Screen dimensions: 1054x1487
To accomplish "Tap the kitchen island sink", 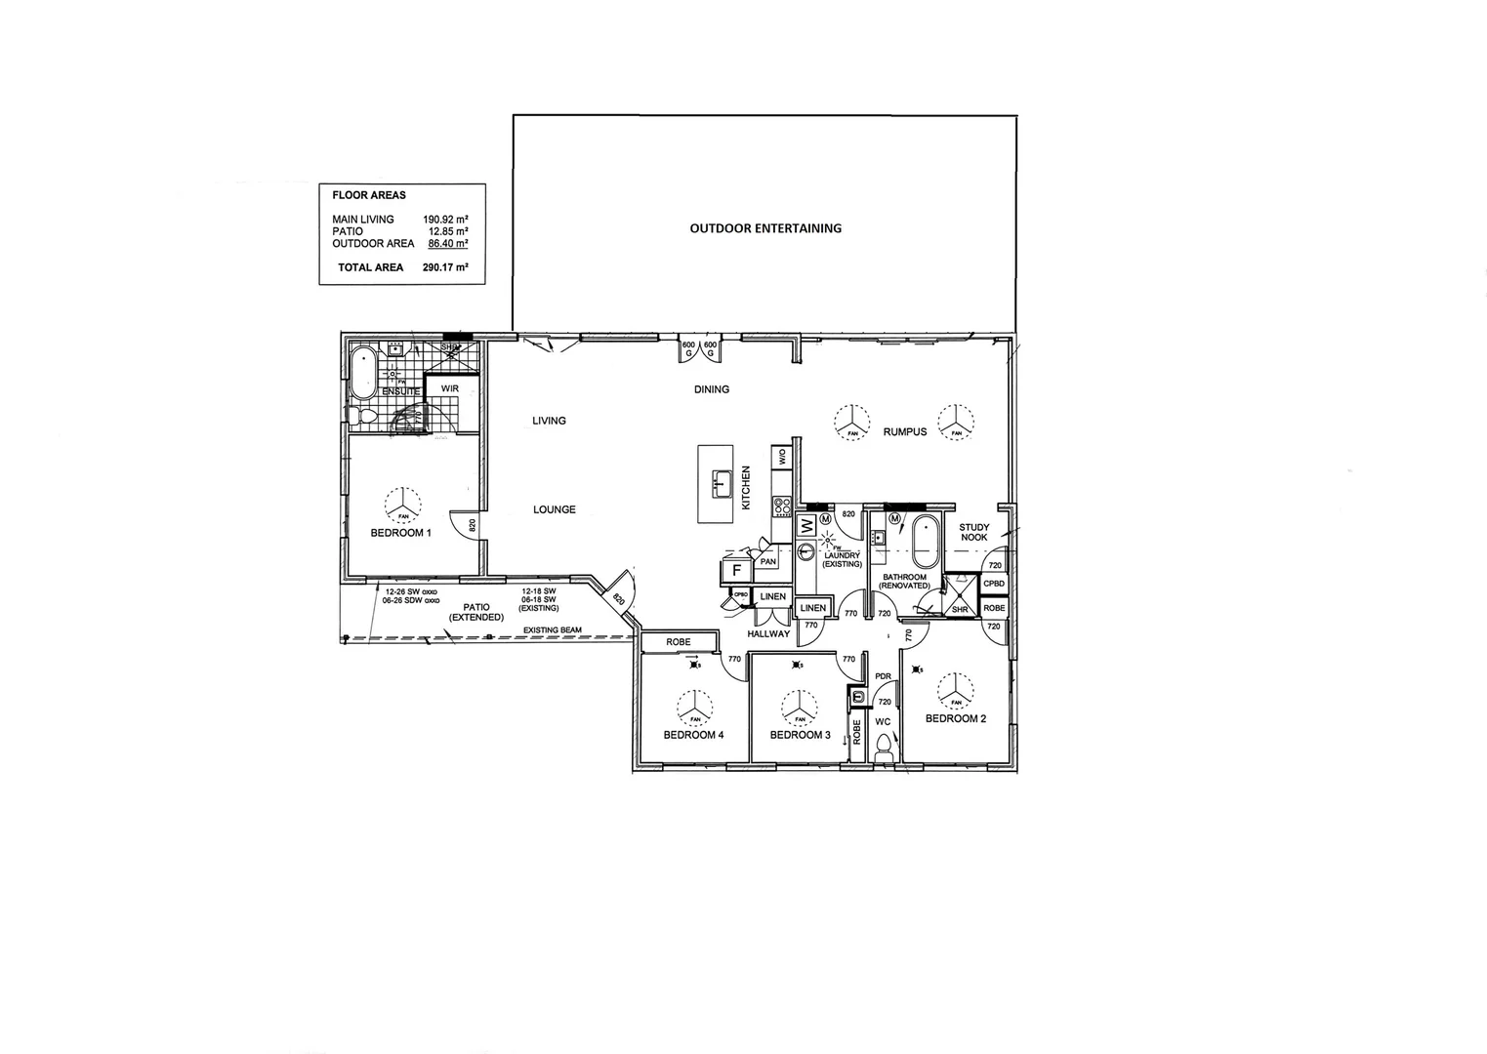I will tap(722, 483).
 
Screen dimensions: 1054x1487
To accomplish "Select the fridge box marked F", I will tap(736, 569).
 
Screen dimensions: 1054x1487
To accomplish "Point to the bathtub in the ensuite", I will tap(362, 372).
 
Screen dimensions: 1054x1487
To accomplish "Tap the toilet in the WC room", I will tap(884, 748).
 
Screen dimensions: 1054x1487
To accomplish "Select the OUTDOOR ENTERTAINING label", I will tap(765, 228).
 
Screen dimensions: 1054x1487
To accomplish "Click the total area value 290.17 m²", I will tap(444, 267).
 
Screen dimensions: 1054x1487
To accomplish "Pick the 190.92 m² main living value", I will tap(444, 220).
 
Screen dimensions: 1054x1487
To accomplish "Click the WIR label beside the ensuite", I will tap(449, 388).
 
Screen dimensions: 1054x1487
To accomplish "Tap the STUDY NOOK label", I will tap(973, 533).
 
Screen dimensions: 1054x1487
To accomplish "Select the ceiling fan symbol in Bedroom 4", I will tap(694, 705).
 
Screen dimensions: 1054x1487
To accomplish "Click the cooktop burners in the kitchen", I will tap(782, 507).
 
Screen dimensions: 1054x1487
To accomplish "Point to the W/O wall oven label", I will tap(782, 456).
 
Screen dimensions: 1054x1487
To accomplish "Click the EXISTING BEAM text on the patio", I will tap(552, 630).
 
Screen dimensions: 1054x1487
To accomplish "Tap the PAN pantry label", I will tap(767, 561).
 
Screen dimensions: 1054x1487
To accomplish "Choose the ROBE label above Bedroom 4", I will tap(678, 642).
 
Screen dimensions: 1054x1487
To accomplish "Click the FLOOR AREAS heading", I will tap(369, 195).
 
